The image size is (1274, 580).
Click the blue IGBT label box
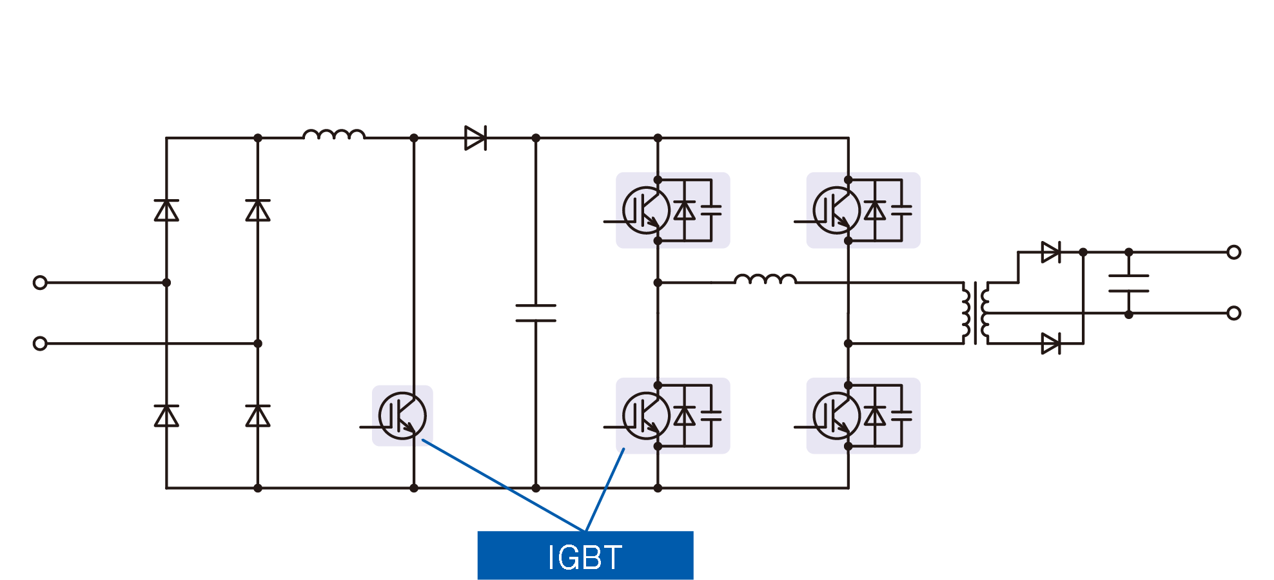tap(585, 555)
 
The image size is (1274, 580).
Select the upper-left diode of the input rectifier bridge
tap(166, 211)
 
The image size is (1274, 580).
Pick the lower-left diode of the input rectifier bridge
tap(166, 416)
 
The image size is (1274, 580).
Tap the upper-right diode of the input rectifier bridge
tap(258, 211)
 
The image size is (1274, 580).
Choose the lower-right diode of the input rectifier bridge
tap(258, 416)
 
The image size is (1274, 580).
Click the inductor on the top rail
tap(334, 135)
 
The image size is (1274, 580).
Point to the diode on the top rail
tap(475, 138)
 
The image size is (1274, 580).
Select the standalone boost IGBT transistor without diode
tap(402, 416)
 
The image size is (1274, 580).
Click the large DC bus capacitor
tap(536, 313)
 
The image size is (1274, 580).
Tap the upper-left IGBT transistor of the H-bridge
tap(645, 210)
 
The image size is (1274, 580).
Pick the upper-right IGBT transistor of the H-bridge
tap(836, 210)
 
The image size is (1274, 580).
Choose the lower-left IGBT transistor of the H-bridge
tap(645, 416)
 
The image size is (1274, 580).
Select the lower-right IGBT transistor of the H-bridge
tap(836, 416)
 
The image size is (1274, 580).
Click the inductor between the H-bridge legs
tap(765, 279)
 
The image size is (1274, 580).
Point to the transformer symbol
tap(975, 313)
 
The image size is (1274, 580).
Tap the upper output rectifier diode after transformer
tap(1051, 252)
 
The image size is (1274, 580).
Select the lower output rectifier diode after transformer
tap(1051, 343)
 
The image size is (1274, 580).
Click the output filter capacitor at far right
tap(1128, 283)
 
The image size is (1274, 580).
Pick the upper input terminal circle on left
tap(40, 282)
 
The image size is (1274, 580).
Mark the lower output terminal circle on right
tap(1233, 313)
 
